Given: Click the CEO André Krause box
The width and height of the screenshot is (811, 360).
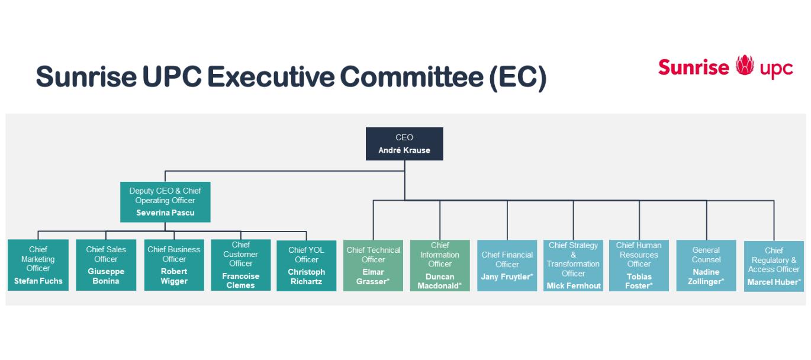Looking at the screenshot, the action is click(x=404, y=144).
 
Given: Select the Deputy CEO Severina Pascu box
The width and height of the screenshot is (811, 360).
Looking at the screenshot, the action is click(x=165, y=202).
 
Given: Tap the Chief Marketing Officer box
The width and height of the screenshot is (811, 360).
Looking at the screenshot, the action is click(x=38, y=265).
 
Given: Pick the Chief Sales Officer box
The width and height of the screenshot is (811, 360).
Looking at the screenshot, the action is click(x=106, y=265).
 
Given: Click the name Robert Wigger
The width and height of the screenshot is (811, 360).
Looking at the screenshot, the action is click(x=174, y=276).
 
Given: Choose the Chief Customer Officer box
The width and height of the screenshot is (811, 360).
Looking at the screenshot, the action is click(x=241, y=265).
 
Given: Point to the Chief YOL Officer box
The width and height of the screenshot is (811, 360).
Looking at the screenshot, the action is click(x=306, y=265).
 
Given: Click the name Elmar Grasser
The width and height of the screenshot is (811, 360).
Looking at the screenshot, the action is click(x=373, y=277).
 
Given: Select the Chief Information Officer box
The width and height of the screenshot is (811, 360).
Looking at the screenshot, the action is click(x=440, y=265).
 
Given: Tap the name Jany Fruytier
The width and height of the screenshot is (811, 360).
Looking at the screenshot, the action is click(x=507, y=277).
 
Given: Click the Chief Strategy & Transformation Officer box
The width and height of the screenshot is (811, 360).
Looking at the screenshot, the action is click(x=573, y=265).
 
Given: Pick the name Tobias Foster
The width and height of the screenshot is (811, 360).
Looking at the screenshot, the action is click(x=639, y=281).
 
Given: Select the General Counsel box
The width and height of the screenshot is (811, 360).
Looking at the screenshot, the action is click(x=706, y=265).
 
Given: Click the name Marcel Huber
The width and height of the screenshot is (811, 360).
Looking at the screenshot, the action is click(x=774, y=282).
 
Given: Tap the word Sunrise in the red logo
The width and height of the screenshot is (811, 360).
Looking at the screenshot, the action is click(x=694, y=67).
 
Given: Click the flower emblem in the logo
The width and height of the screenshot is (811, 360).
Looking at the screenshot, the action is click(x=745, y=65).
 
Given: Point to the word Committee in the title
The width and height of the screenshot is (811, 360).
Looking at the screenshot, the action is click(x=411, y=77).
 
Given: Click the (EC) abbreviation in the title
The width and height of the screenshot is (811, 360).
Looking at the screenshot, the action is click(x=518, y=78).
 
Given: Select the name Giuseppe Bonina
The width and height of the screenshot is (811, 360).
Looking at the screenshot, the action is click(x=106, y=276).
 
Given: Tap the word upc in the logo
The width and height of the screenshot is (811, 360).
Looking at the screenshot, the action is click(x=776, y=69).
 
